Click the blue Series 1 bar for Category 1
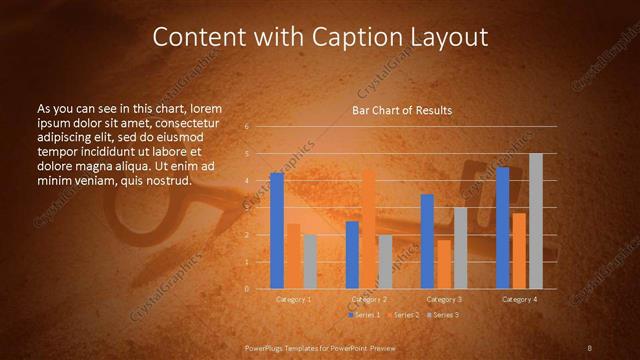[277, 231]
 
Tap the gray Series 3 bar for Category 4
[535, 221]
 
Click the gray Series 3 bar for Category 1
[310, 262]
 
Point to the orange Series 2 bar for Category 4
[519, 251]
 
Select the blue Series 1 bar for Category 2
[352, 255]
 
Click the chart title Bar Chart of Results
[401, 110]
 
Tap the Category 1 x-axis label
[294, 299]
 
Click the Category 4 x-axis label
[519, 299]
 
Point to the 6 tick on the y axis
[246, 127]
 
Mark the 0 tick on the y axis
[246, 289]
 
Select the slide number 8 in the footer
[589, 347]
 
